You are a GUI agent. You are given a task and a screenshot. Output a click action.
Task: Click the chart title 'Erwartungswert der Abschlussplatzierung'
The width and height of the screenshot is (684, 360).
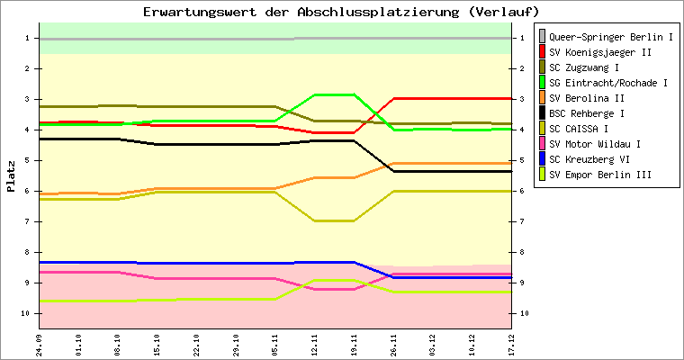coord(341,12)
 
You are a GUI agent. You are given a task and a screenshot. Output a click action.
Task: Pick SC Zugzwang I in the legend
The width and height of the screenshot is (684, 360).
coord(584,67)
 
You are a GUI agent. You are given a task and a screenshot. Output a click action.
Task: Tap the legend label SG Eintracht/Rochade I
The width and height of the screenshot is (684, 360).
coord(607,83)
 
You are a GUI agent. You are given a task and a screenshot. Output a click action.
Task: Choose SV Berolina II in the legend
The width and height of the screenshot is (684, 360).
coord(587,98)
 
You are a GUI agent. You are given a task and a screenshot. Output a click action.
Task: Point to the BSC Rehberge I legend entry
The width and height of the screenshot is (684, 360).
coord(587,113)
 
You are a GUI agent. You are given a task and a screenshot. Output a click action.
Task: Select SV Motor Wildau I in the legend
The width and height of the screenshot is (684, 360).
coord(594,144)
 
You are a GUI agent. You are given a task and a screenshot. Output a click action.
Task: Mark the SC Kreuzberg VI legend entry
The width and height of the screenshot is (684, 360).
coord(589,159)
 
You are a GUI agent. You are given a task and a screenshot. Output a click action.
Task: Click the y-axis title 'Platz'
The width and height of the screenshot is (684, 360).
coord(11,175)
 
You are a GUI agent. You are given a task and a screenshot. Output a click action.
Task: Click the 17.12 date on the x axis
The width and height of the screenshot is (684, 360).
coord(511,344)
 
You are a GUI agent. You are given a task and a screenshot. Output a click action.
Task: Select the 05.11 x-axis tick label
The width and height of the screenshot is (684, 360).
coord(275,344)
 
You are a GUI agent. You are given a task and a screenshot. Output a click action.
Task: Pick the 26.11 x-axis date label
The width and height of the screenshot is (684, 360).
coord(393,344)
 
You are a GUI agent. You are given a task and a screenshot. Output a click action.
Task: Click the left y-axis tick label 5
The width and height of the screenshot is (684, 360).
coord(30,160)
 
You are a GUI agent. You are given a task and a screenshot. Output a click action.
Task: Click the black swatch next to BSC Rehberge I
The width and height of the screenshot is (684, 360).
coord(542,113)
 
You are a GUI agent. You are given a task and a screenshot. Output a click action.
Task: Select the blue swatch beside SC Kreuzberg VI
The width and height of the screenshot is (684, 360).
coord(542,159)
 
